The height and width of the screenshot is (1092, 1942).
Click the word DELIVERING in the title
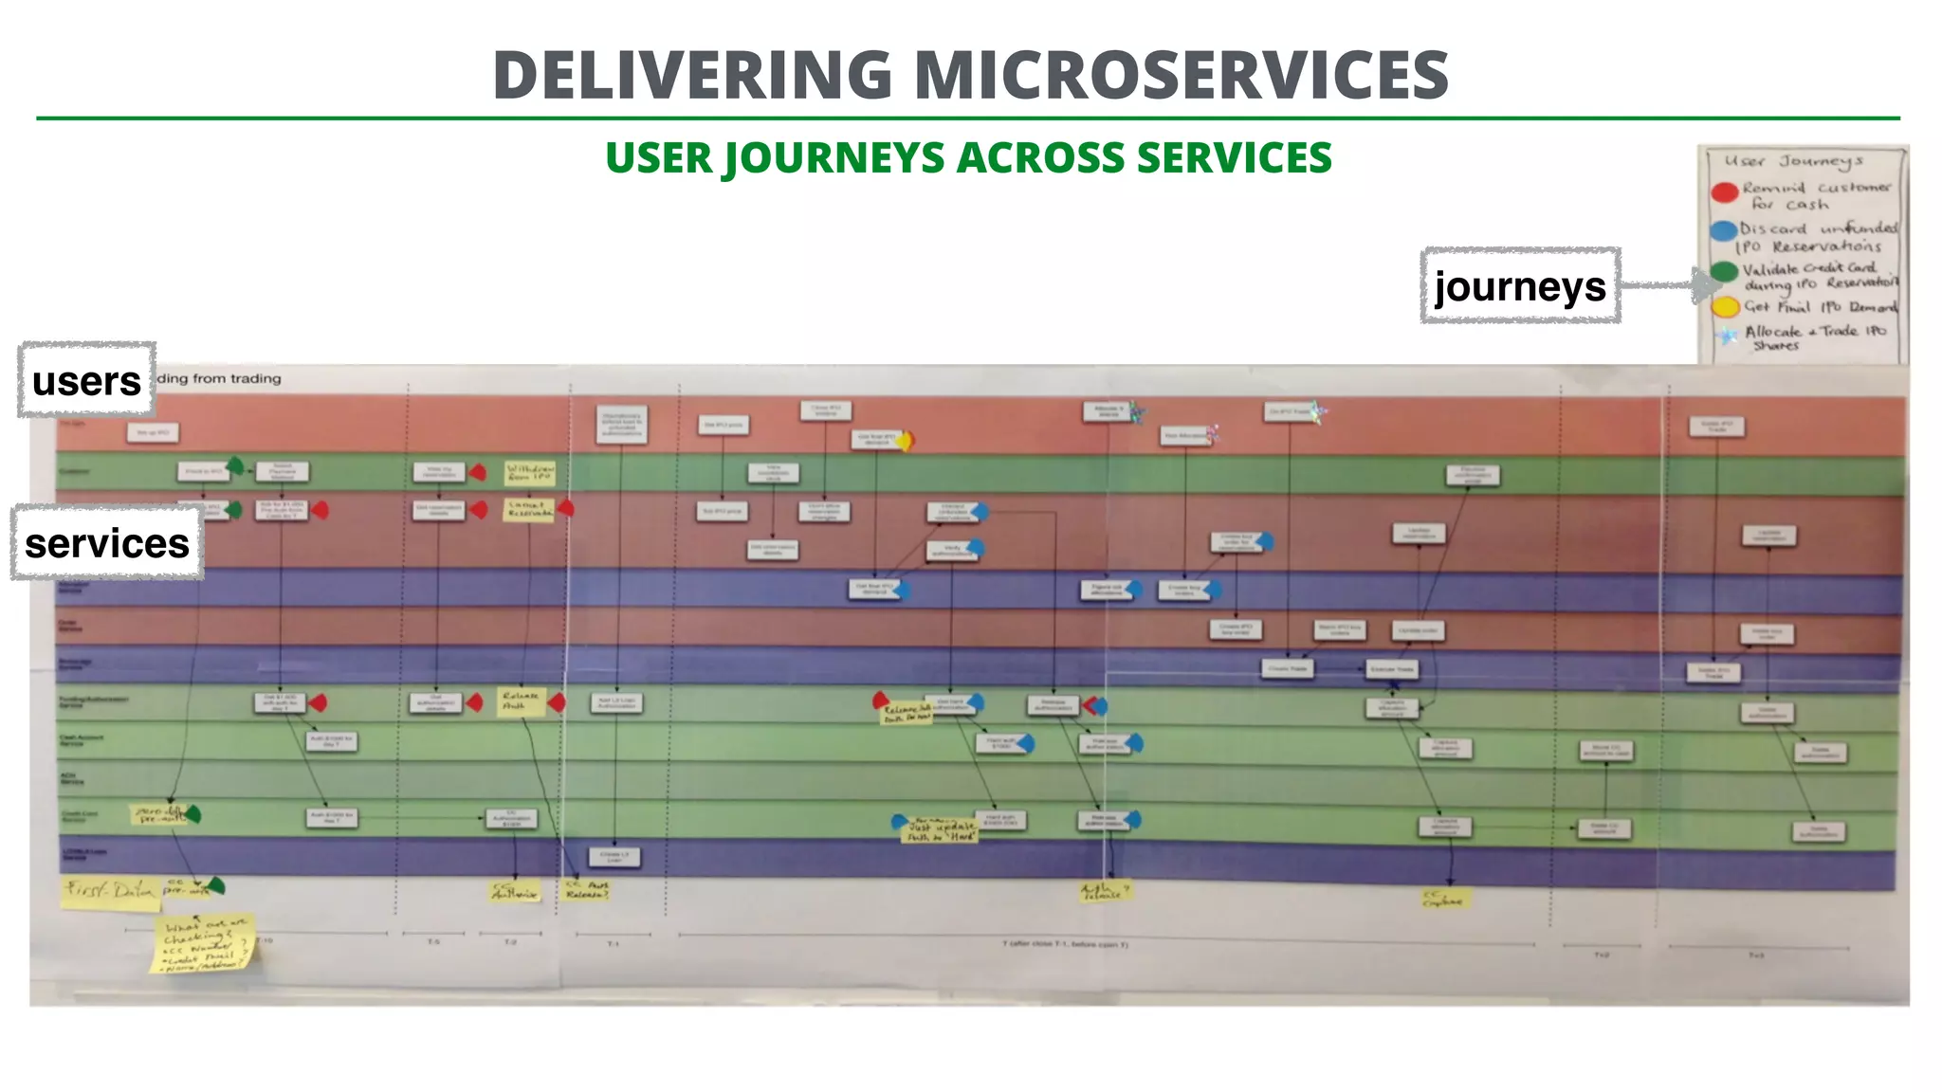coord(692,76)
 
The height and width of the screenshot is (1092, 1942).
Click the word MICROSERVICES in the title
coord(1182,76)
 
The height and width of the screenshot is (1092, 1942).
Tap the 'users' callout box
coord(86,380)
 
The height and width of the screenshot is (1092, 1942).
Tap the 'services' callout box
coord(107,543)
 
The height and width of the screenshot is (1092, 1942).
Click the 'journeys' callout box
coord(1520,285)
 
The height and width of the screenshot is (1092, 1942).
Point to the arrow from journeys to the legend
coord(1669,283)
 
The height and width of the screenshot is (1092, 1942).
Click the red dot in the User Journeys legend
coord(1725,192)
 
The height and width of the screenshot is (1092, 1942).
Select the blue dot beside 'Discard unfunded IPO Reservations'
coord(1724,231)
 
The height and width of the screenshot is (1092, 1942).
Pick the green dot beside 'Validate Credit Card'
coord(1725,272)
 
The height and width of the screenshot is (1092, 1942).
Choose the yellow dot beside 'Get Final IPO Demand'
coord(1725,307)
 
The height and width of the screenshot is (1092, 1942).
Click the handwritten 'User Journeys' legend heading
coord(1793,161)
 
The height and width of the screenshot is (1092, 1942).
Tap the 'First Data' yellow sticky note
coord(110,892)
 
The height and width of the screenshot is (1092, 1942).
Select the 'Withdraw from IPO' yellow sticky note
coord(529,471)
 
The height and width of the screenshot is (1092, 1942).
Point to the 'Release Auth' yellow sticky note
coord(522,701)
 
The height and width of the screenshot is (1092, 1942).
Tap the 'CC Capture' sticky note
coord(1444,897)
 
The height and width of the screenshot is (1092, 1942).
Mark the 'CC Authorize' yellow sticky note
coord(515,891)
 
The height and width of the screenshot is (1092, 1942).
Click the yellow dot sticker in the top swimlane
coord(906,441)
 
